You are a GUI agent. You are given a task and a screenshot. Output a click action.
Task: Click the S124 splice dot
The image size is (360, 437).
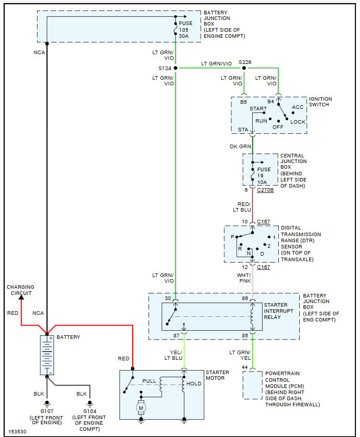(176, 68)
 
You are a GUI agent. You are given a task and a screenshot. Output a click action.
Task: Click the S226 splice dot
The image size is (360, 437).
(244, 68)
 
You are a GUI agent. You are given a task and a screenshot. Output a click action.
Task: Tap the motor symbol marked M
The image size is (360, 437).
(141, 408)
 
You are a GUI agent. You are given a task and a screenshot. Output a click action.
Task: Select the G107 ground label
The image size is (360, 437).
(47, 411)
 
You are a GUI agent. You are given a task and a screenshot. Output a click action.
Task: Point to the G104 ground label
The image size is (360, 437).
(90, 411)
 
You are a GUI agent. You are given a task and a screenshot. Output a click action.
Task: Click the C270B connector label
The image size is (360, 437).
(266, 190)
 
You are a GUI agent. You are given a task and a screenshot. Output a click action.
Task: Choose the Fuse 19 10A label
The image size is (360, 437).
(263, 176)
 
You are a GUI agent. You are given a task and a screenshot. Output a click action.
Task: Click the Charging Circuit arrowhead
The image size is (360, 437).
(21, 297)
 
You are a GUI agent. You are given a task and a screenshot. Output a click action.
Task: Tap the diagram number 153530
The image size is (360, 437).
(17, 432)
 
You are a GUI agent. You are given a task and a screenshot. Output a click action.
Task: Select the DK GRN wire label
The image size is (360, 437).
(241, 146)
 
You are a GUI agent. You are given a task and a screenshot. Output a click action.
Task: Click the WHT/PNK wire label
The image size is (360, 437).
(244, 278)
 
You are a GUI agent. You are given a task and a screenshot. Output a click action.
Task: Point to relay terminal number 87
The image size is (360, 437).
(177, 336)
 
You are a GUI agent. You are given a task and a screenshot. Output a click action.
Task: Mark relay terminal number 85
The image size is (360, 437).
(245, 336)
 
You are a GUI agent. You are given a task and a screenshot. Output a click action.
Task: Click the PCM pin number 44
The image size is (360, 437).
(245, 367)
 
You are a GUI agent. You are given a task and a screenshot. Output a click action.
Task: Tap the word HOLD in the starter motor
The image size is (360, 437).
(194, 383)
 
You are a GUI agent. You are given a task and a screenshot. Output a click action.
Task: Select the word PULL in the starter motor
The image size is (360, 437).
(149, 381)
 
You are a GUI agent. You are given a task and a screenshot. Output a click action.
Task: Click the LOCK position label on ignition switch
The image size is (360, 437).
(298, 122)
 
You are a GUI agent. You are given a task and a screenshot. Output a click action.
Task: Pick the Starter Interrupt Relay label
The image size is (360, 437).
(278, 311)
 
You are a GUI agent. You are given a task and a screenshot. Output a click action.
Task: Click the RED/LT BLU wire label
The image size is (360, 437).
(242, 207)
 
